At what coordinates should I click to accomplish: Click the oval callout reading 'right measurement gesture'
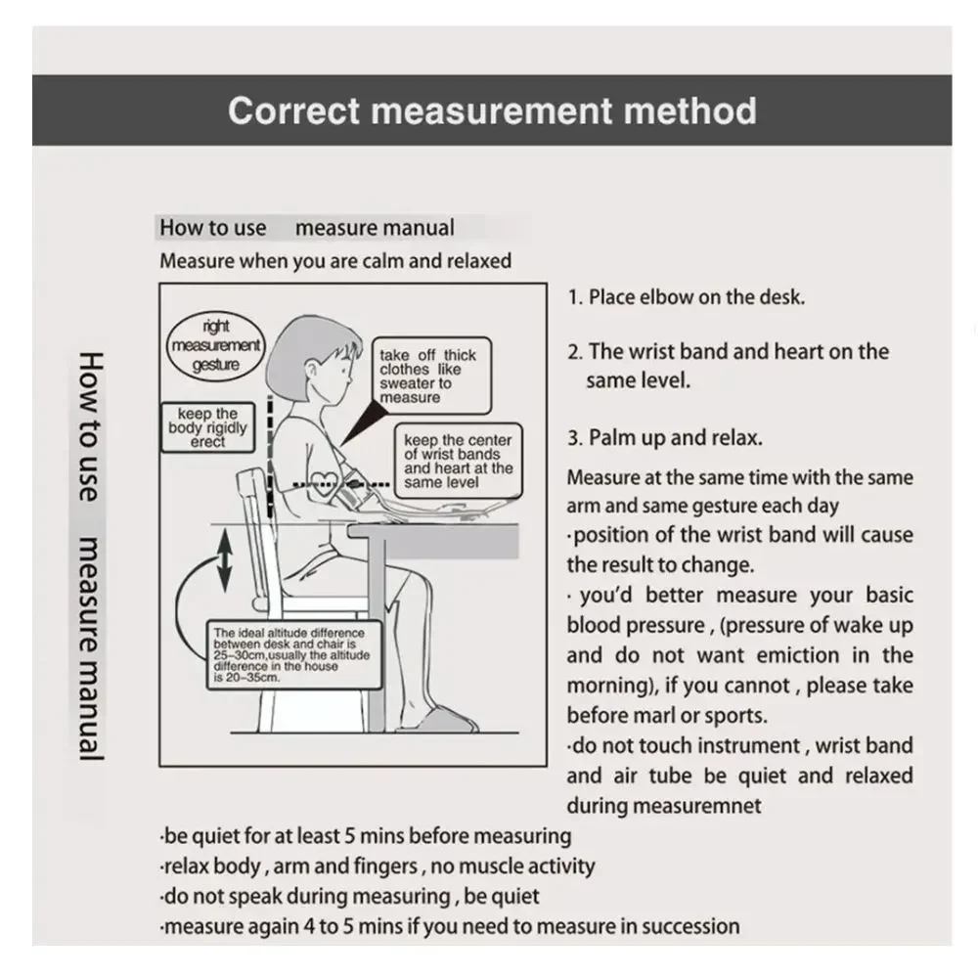(x=216, y=345)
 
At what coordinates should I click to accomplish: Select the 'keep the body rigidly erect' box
(x=207, y=427)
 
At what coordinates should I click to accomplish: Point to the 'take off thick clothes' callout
(x=427, y=377)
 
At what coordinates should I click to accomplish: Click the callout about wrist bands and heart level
(x=458, y=462)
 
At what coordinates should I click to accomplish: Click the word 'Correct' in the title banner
(x=294, y=111)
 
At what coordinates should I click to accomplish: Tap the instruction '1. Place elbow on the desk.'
(x=687, y=297)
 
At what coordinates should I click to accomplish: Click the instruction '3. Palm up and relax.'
(x=665, y=438)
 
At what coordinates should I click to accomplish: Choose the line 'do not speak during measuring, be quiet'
(x=350, y=896)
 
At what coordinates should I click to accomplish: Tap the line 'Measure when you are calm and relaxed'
(x=335, y=261)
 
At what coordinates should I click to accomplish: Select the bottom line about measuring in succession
(x=450, y=926)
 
